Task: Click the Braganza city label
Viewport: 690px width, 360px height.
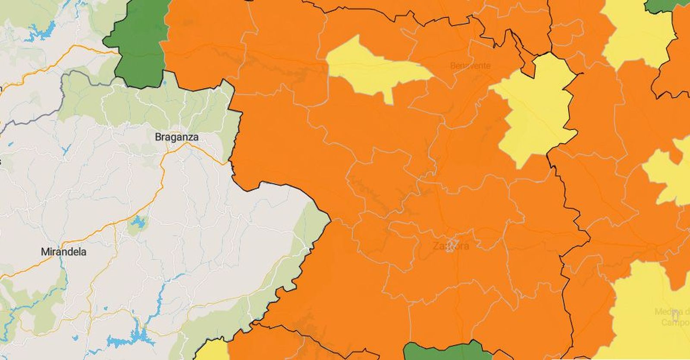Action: [177, 137]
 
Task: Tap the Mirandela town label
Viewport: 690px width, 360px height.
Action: [63, 252]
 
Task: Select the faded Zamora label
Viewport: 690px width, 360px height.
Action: [450, 246]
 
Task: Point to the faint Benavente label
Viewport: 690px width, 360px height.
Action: [470, 66]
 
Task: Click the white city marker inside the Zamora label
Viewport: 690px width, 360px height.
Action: [451, 244]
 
